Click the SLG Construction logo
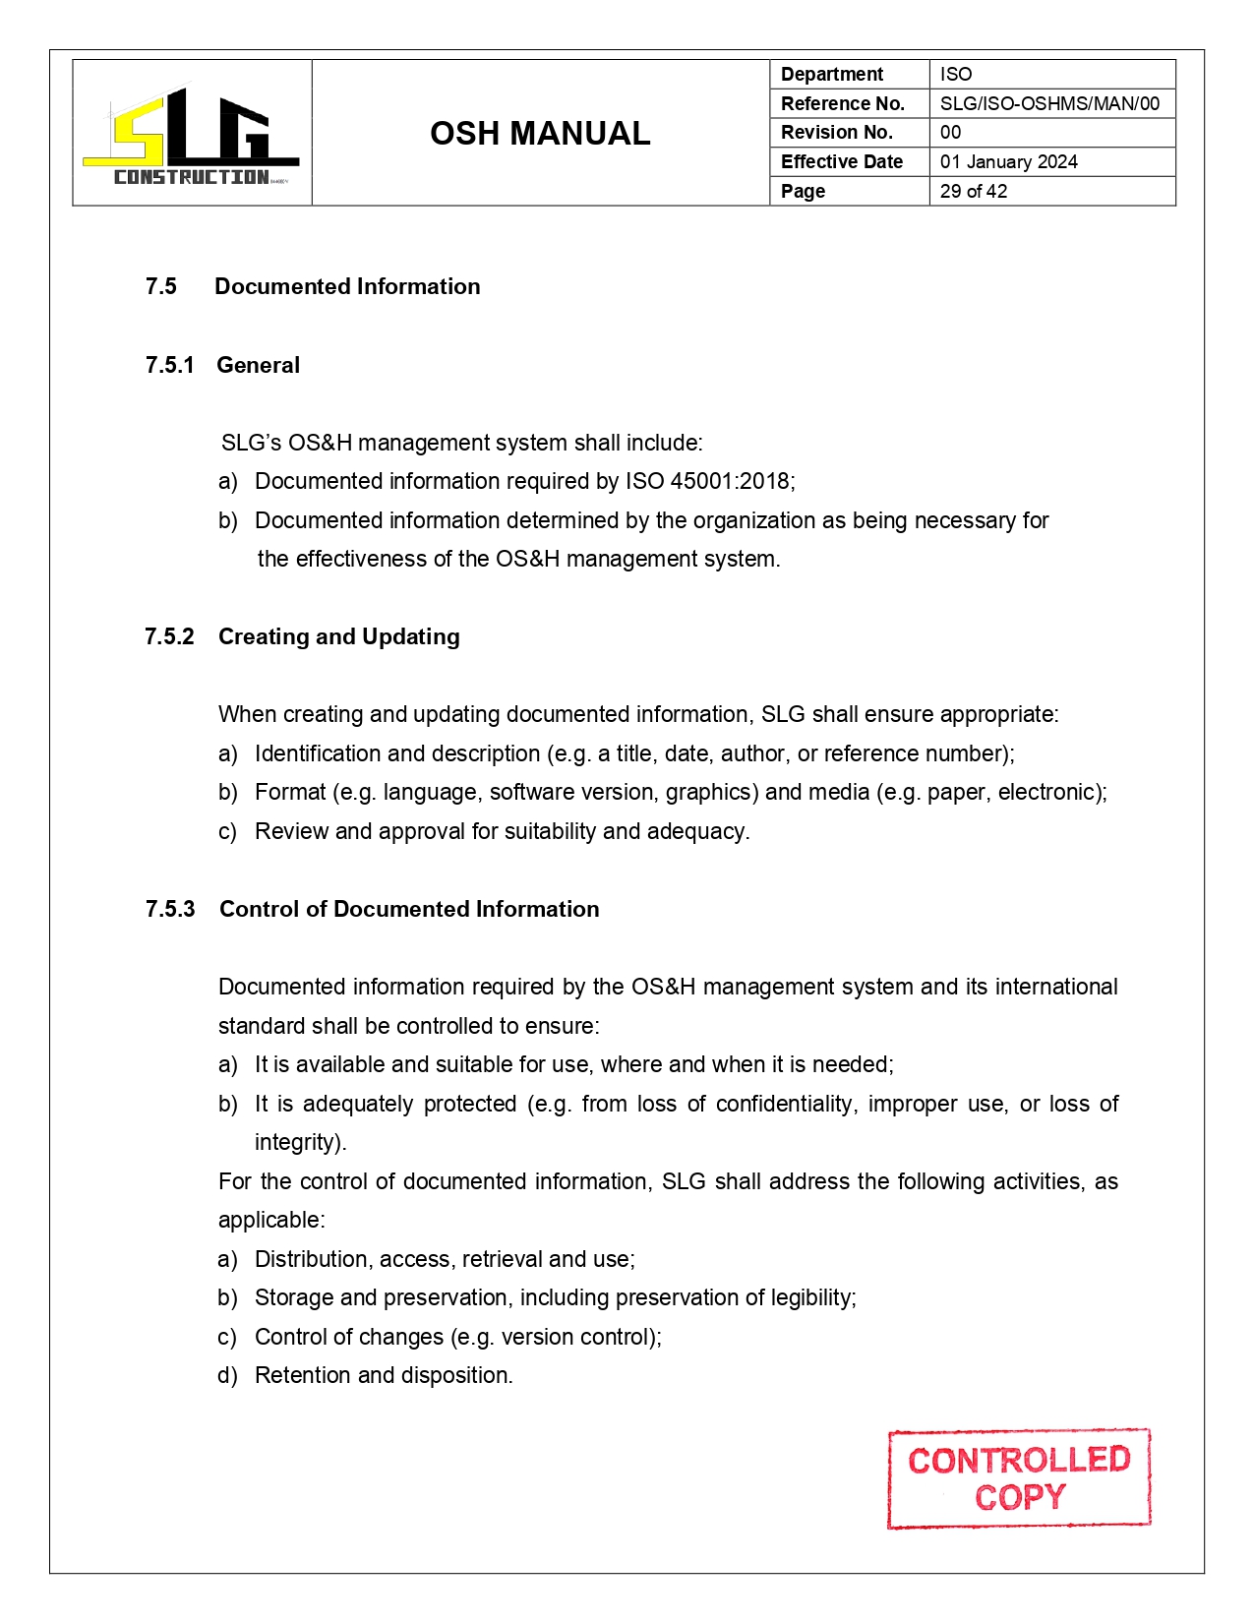(x=192, y=135)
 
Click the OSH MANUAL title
(x=540, y=134)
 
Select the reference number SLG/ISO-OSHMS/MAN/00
(x=1049, y=103)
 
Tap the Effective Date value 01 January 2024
(x=1008, y=162)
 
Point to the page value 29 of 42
(x=973, y=191)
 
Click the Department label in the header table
(x=832, y=75)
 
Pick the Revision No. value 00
(x=950, y=133)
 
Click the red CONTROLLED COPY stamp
(x=1019, y=1478)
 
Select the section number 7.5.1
(x=169, y=365)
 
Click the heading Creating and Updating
(x=338, y=636)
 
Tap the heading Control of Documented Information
(x=409, y=909)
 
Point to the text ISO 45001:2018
(x=708, y=481)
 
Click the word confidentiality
(x=783, y=1104)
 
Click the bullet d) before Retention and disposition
(x=227, y=1375)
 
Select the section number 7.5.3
(x=169, y=909)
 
